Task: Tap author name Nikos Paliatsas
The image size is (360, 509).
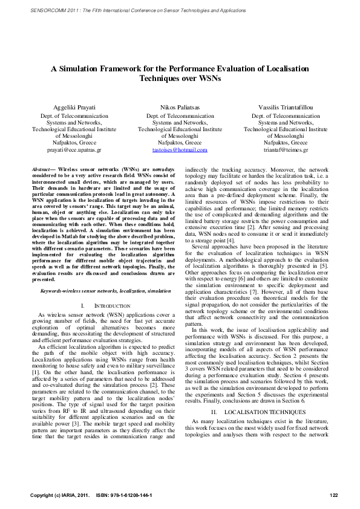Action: pos(179,106)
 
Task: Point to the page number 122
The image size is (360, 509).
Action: pos(333,496)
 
